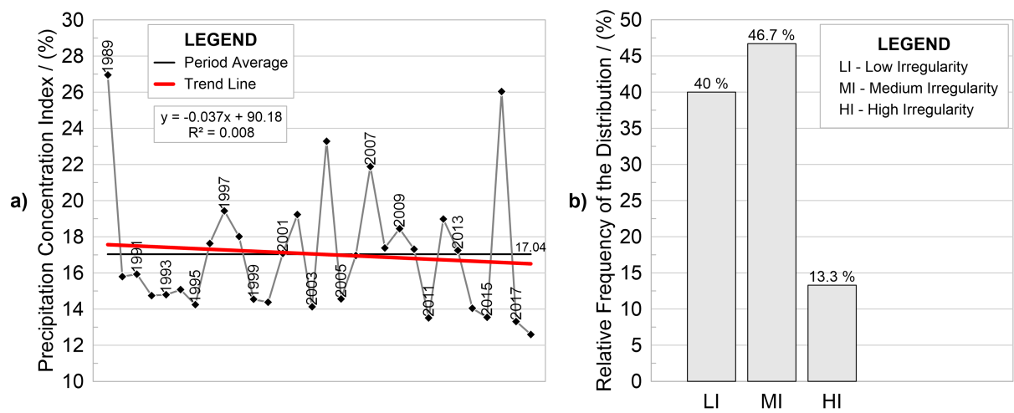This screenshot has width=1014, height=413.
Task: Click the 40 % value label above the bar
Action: pos(711,84)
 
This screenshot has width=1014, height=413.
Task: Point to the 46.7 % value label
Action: pos(771,35)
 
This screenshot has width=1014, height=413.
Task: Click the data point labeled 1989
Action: pos(107,74)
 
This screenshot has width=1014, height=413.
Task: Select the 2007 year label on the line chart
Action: pos(370,149)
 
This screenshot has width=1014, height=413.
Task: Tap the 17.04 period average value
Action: pos(530,247)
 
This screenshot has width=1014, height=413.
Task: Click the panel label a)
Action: pos(18,201)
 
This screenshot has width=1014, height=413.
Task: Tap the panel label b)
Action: pos(580,201)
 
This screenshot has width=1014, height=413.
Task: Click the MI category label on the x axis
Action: pos(771,400)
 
